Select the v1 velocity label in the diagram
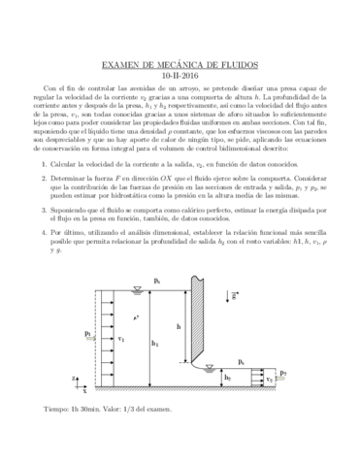pyautogui.click(x=121, y=341)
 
